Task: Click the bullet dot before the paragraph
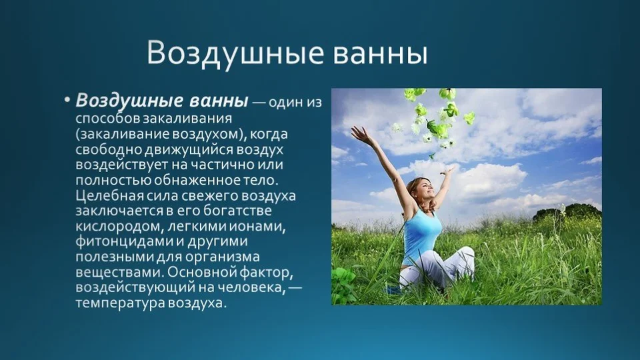click(67, 100)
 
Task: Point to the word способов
click(108, 119)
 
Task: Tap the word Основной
click(201, 272)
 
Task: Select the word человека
click(249, 288)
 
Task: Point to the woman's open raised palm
click(359, 134)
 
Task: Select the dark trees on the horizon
click(569, 211)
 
